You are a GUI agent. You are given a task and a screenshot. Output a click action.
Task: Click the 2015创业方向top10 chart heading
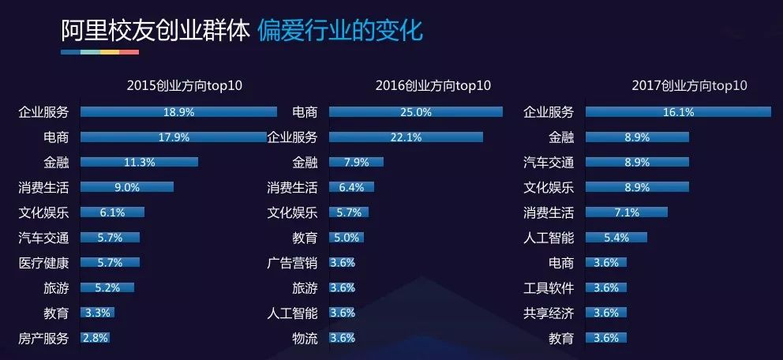pos(184,86)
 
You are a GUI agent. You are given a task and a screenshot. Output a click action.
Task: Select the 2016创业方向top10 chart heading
pos(433,86)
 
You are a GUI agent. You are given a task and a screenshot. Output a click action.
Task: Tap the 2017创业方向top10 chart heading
pos(689,86)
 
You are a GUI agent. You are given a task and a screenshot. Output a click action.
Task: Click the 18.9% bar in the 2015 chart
pos(178,112)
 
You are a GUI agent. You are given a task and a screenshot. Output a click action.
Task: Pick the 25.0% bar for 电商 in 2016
pos(416,112)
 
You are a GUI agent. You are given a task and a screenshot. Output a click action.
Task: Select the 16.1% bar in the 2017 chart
pos(678,112)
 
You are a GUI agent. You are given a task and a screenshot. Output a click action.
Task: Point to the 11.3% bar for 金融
pos(139,163)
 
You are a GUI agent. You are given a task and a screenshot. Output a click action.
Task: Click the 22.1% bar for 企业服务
pos(406,137)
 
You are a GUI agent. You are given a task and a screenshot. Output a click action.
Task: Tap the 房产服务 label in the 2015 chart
pos(44,339)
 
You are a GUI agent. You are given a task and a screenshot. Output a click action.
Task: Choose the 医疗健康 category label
pos(44,263)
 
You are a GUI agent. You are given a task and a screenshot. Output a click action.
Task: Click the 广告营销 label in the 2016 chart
pos(292,263)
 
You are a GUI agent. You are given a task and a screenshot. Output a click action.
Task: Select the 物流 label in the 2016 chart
pos(305,339)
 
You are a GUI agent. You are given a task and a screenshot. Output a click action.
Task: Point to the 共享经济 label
pos(549,313)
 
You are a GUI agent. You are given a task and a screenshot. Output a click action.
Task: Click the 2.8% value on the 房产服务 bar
pos(95,339)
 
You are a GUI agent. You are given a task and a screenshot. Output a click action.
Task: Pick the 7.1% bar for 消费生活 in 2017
pos(627,213)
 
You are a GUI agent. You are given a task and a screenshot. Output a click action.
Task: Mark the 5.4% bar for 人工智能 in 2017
pos(616,238)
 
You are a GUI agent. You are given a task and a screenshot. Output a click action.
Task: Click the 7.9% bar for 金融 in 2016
pos(356,163)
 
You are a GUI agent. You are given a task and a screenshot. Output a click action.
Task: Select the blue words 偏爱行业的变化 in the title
pos(340,31)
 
